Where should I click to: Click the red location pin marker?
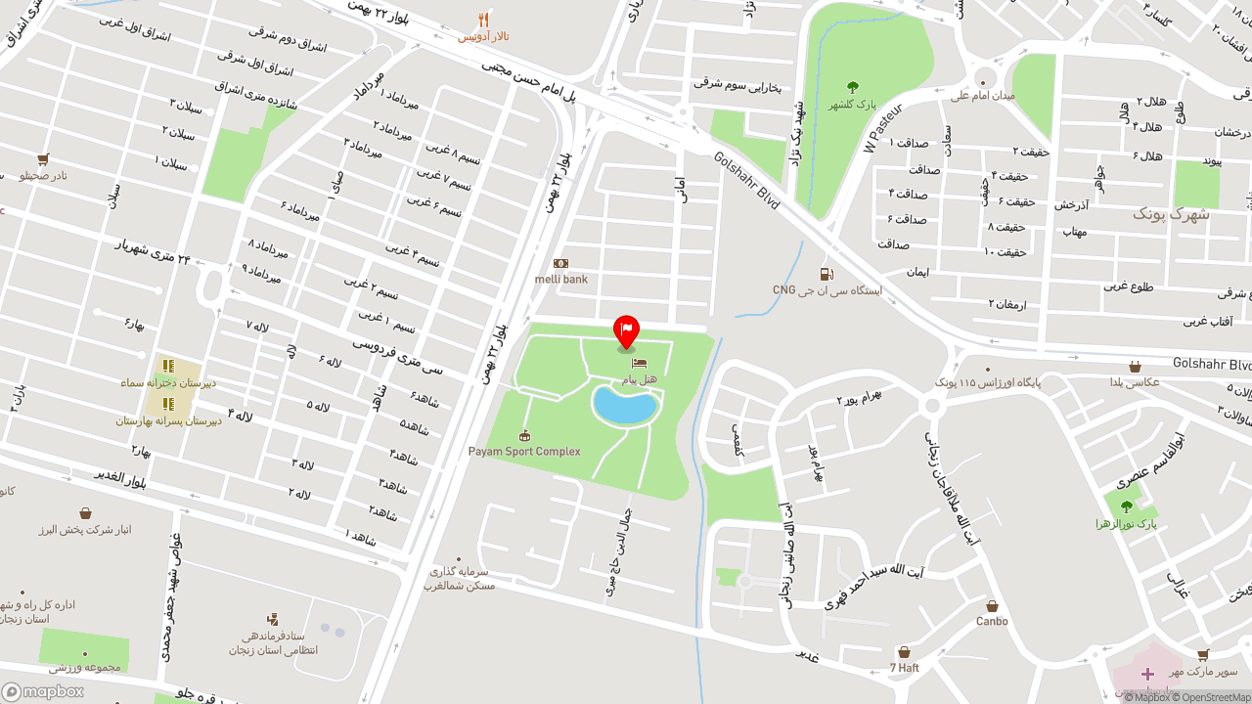626,331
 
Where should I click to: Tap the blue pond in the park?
623,405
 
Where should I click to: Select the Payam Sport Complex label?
524,452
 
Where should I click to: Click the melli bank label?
561,280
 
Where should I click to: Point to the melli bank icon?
560,263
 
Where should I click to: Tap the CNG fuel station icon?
827,274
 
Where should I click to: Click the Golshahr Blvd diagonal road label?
746,180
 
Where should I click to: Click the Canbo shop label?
992,622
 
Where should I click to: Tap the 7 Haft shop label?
904,668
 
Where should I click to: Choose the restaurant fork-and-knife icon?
483,20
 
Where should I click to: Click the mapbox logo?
42,691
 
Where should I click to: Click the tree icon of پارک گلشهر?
853,87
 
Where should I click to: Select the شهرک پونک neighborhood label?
1171,214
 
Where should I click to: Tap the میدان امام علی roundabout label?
983,96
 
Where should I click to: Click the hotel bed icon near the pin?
640,363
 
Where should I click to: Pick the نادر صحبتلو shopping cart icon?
43,158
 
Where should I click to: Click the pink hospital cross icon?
1147,674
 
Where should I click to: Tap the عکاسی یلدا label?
1134,382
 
